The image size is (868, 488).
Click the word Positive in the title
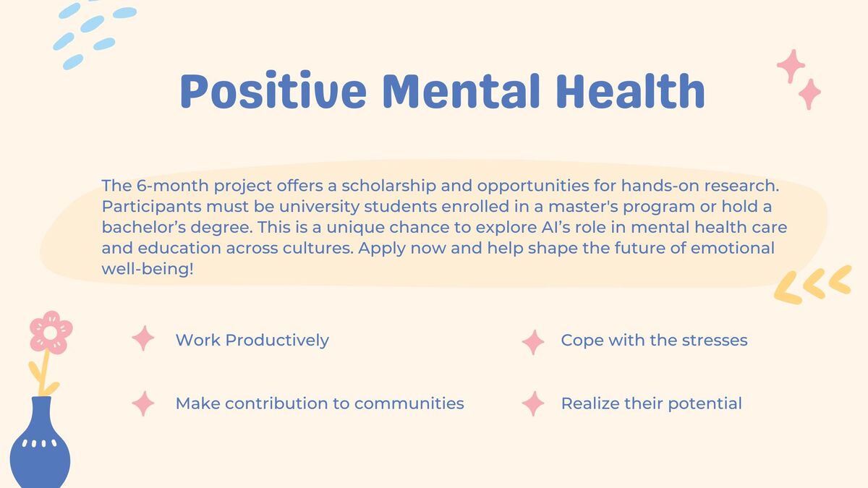tap(273, 90)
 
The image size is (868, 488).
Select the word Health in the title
tap(631, 90)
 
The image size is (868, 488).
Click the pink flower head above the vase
tap(51, 333)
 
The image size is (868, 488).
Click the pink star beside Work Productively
tap(143, 338)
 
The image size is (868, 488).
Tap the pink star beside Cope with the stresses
tap(533, 342)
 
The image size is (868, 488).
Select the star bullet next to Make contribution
tap(143, 403)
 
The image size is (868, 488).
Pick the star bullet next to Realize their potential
tap(533, 403)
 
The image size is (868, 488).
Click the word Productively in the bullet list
tap(277, 341)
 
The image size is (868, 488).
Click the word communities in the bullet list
tap(409, 403)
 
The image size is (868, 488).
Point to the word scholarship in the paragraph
tap(388, 187)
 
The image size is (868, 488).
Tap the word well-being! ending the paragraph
tap(148, 269)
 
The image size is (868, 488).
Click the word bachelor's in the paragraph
tap(144, 227)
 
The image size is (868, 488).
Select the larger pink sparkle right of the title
tap(791, 66)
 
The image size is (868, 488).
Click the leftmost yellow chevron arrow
tap(788, 288)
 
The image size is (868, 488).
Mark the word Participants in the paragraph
tap(151, 207)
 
